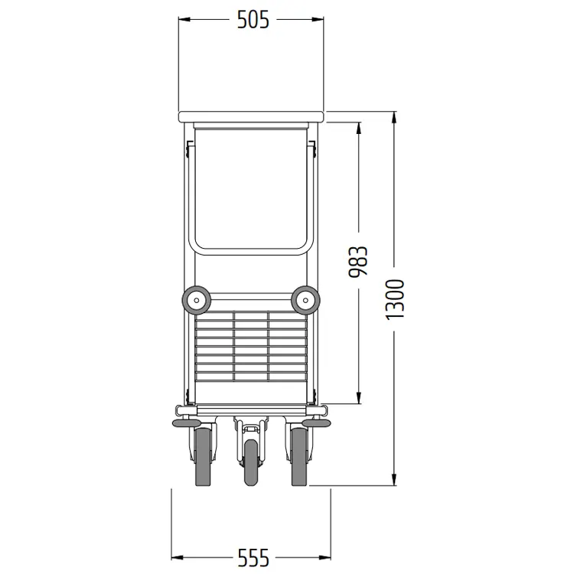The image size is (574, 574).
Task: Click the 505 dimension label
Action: [x=253, y=19]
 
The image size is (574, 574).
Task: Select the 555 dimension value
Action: [x=253, y=558]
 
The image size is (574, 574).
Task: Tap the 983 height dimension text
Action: [x=357, y=262]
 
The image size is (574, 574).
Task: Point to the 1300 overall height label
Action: [x=395, y=298]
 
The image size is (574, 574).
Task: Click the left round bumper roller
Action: [x=196, y=300]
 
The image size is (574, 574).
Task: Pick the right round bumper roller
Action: [x=305, y=300]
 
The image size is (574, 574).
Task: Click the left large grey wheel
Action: [x=204, y=457]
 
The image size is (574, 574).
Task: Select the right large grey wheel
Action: [x=300, y=457]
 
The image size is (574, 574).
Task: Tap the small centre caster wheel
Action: [x=251, y=462]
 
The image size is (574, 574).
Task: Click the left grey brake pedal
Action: [x=186, y=423]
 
